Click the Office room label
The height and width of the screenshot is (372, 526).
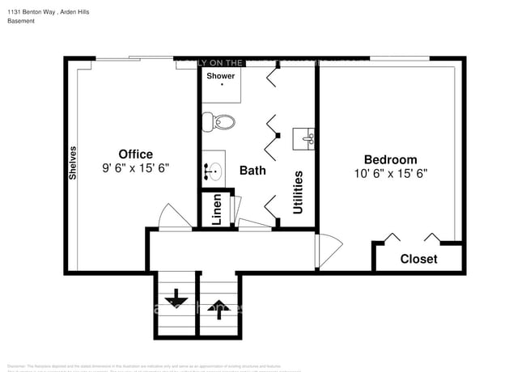point(135,154)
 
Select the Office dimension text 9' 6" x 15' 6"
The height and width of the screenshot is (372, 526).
point(135,169)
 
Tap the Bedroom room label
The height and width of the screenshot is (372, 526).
point(390,159)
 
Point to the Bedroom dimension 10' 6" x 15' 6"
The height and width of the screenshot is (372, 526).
point(390,173)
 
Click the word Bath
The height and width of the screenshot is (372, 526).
point(252,171)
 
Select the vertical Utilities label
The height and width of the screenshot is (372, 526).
point(299,192)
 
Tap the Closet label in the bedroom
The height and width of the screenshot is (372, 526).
point(418,259)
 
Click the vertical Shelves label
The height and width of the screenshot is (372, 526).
point(73,162)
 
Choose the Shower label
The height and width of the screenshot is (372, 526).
point(221,76)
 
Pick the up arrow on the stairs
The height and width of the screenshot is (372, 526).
point(217,306)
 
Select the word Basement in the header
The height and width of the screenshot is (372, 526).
point(21,21)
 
